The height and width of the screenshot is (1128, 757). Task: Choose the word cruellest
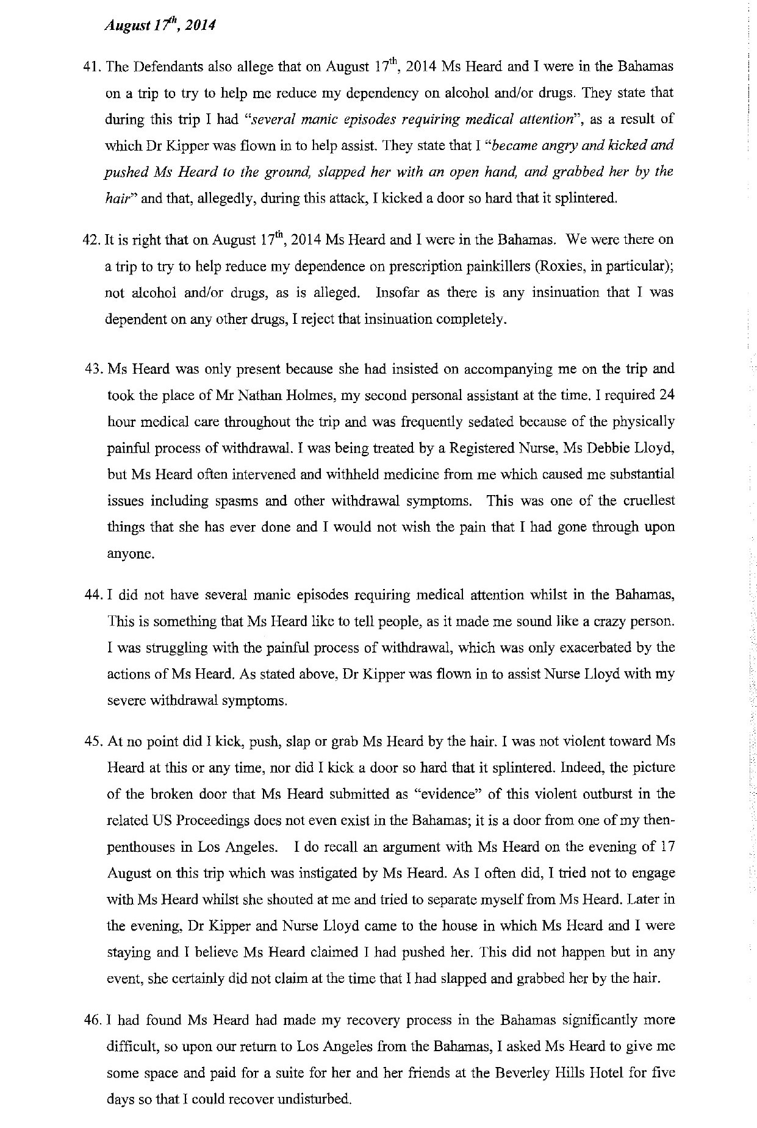click(x=650, y=501)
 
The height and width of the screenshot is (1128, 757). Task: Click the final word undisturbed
click(x=314, y=1099)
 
